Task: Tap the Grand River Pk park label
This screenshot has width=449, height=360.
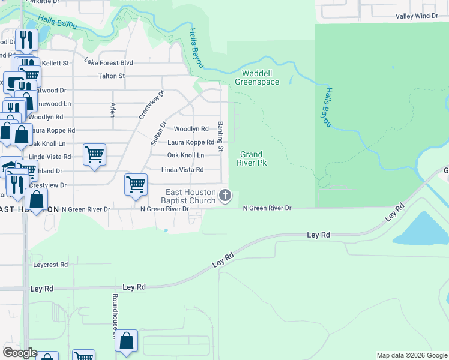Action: [x=253, y=158]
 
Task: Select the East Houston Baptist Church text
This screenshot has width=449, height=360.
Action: [x=190, y=196]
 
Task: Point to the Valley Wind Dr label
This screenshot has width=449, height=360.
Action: [x=417, y=16]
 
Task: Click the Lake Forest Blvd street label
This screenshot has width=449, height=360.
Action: [x=109, y=62]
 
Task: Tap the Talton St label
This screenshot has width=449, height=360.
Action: [x=111, y=76]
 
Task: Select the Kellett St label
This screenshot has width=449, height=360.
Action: [x=55, y=63]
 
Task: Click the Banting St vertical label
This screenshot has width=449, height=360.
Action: [x=220, y=136]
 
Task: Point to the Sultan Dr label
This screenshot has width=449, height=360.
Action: [x=157, y=133]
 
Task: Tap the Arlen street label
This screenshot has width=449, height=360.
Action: [x=112, y=109]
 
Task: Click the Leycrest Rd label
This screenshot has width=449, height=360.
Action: [x=50, y=264]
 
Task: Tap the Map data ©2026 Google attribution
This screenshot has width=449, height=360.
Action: [x=412, y=355]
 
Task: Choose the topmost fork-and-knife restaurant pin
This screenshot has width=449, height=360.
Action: [x=26, y=40]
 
